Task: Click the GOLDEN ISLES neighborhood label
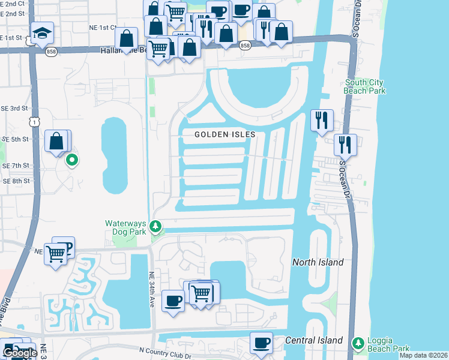[x=225, y=134]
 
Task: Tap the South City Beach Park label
[x=364, y=86]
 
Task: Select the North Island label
[x=318, y=262]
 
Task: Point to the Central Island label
[x=313, y=340]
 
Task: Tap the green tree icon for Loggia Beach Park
[x=358, y=343]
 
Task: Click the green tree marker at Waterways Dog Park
[x=155, y=227]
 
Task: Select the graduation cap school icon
[x=43, y=34]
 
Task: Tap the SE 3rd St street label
[x=16, y=108]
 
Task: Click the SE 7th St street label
[x=16, y=165]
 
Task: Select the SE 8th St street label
[x=16, y=181]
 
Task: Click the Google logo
[x=19, y=353]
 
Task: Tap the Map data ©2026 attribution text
[x=423, y=355]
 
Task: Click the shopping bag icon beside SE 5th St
[x=56, y=142]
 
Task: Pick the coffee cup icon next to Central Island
[x=261, y=343]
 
